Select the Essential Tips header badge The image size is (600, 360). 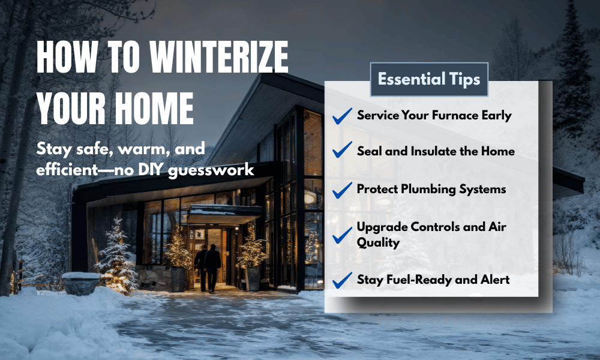point(429,79)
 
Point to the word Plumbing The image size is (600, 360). point(428,189)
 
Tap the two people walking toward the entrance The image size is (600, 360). point(208,266)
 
